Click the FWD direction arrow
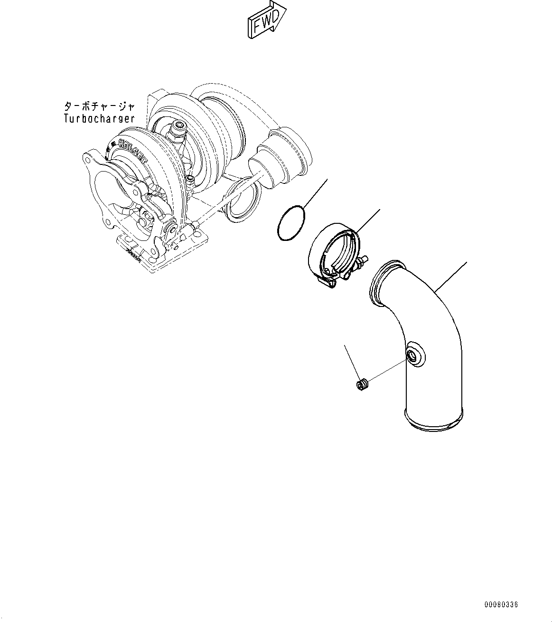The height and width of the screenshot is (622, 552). click(x=266, y=19)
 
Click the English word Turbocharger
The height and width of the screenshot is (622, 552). click(x=99, y=118)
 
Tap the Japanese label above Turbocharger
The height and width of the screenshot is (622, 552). click(x=99, y=106)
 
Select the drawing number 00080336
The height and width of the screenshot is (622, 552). click(x=501, y=604)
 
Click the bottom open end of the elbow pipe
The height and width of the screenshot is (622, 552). click(x=432, y=421)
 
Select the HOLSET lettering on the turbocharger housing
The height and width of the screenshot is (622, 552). click(x=128, y=148)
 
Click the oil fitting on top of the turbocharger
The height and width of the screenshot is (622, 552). click(x=179, y=127)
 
